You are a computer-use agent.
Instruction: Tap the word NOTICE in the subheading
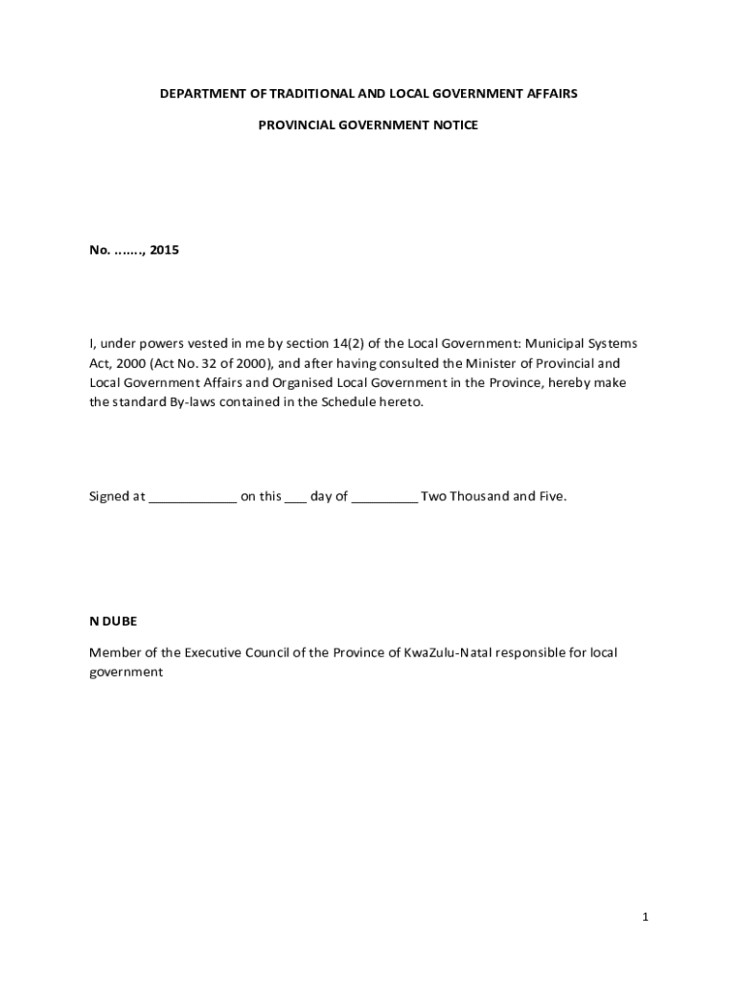click(454, 125)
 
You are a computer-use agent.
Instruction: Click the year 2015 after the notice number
click(164, 251)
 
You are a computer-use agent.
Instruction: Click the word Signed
click(109, 496)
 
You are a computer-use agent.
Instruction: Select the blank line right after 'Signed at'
click(193, 499)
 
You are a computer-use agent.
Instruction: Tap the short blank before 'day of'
click(295, 499)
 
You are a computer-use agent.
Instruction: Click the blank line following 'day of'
click(384, 499)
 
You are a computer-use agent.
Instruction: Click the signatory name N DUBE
click(113, 621)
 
